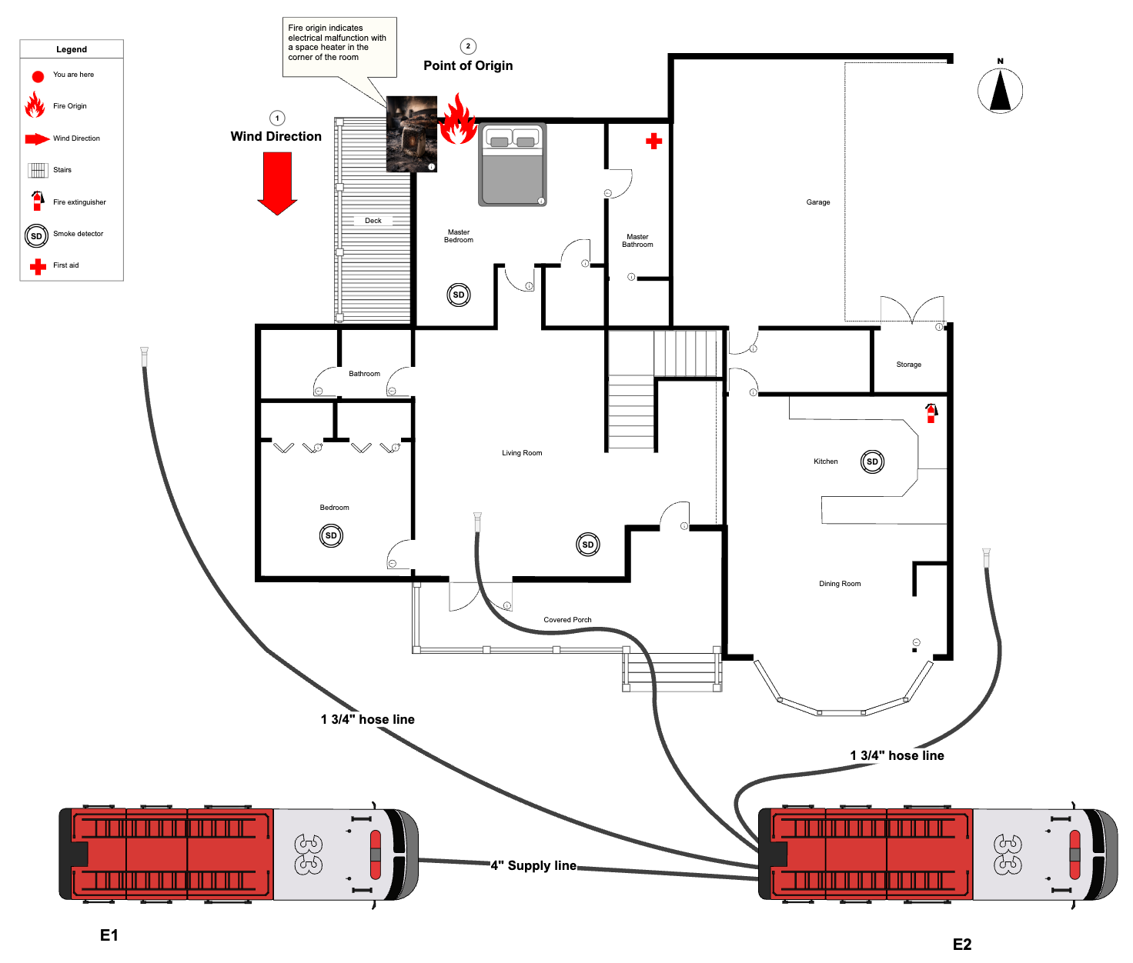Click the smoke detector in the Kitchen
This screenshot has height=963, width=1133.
coord(872,462)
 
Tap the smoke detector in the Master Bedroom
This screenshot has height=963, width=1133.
coord(459,295)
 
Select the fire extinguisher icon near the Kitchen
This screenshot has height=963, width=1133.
coord(931,413)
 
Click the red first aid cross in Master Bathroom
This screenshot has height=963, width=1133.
coord(653,141)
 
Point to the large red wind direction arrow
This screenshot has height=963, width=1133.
coord(277,183)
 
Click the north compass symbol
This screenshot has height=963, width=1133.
coord(1000,91)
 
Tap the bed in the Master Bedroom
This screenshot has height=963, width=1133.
coord(513,165)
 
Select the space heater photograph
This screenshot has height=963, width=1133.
coord(411,134)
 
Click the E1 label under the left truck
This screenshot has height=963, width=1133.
coord(109,935)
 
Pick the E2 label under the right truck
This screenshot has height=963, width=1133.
coord(962,945)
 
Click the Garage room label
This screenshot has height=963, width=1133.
coord(818,202)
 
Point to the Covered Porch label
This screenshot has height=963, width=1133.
coord(567,619)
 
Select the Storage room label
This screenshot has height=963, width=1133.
coord(908,365)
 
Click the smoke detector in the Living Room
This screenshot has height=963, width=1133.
coord(588,545)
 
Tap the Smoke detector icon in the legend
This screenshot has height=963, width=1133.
coord(36,235)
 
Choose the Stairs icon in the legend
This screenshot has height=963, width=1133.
coord(38,170)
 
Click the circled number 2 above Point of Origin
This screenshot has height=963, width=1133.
coord(468,46)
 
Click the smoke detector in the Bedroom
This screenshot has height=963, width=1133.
coord(331,535)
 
